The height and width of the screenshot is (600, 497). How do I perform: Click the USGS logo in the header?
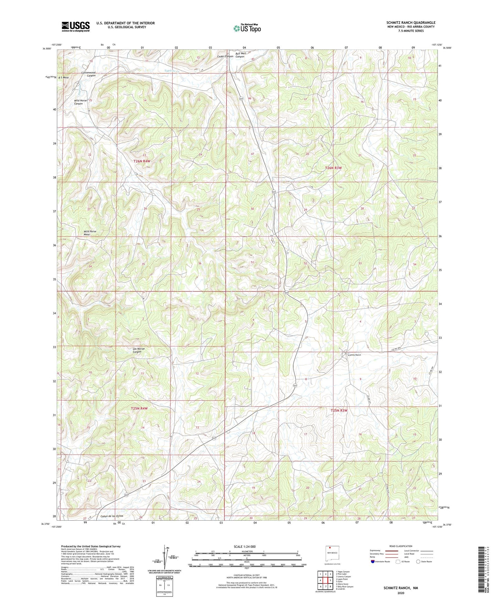point(75,26)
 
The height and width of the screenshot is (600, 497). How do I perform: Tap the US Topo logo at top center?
point(247,28)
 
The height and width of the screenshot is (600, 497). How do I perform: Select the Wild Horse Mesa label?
point(90,233)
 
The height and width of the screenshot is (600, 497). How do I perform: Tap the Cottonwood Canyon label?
point(88,74)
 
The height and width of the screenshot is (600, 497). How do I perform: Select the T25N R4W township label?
point(139,408)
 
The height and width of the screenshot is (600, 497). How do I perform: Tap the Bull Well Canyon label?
point(240,55)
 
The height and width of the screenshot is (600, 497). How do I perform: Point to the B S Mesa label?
point(64,78)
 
